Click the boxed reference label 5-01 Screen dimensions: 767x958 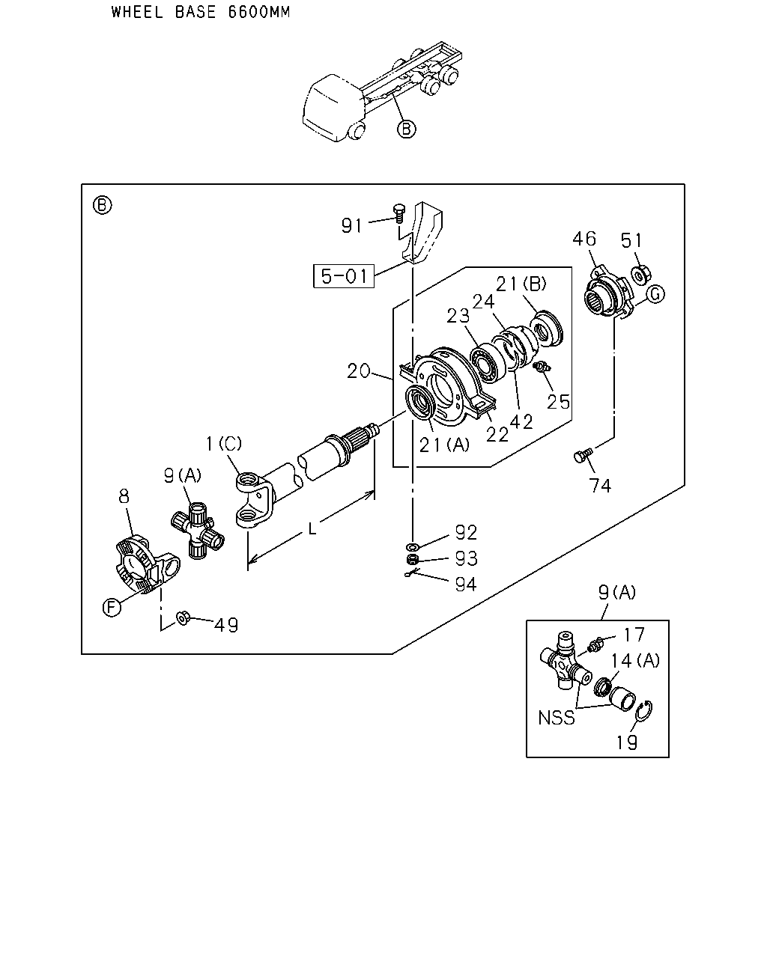click(x=344, y=276)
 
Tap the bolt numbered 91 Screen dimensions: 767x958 click(x=399, y=213)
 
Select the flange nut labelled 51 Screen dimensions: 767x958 click(x=642, y=275)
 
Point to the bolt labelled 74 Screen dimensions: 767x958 click(x=583, y=455)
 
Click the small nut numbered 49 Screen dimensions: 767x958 click(x=183, y=618)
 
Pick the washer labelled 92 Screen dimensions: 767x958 click(x=413, y=546)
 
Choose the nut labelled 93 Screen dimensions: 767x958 click(x=413, y=560)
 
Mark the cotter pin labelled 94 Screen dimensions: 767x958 click(x=411, y=574)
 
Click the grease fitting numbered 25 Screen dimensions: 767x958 click(x=542, y=367)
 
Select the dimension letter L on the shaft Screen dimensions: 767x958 click(x=312, y=528)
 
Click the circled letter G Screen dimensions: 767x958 click(x=655, y=294)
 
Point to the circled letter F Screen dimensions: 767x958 click(x=112, y=607)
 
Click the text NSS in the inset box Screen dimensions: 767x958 click(x=557, y=718)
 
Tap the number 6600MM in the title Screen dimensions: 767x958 click(x=259, y=12)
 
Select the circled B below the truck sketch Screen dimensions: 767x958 click(x=406, y=129)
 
